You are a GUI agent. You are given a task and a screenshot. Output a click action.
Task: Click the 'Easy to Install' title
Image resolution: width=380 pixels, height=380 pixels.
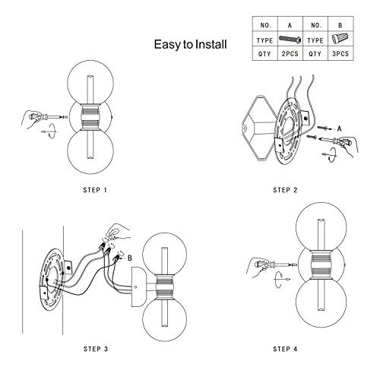tap(190, 44)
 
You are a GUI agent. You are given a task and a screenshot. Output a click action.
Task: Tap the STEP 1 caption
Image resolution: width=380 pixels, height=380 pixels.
tap(95, 190)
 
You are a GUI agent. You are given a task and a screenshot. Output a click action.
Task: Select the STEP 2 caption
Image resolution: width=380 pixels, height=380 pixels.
tap(285, 190)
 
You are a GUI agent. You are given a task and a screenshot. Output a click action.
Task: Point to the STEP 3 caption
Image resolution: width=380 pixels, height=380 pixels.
tap(96, 349)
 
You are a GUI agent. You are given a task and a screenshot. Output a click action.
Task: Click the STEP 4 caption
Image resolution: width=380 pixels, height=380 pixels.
tap(285, 349)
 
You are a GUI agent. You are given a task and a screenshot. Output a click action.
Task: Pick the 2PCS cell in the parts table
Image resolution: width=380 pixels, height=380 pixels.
tap(290, 54)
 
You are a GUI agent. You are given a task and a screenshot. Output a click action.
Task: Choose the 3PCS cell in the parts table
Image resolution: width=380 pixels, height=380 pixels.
tap(340, 54)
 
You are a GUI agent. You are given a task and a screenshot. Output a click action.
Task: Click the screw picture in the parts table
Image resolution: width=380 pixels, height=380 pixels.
tap(290, 40)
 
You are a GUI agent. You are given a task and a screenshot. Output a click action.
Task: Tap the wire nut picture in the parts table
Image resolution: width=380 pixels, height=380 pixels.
tap(340, 39)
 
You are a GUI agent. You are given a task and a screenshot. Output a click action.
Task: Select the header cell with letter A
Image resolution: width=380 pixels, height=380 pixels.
tap(290, 25)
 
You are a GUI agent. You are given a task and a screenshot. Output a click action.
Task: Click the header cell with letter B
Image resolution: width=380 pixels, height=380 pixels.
tap(340, 25)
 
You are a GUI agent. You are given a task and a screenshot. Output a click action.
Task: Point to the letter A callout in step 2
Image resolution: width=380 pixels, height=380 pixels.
tap(340, 128)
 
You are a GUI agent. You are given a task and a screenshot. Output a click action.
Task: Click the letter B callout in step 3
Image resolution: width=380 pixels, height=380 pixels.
tap(130, 258)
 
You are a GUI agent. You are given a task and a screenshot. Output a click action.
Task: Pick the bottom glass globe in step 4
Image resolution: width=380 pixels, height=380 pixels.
tap(321, 302)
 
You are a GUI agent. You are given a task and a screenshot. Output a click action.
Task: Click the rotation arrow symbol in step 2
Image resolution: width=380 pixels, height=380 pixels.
tap(330, 154)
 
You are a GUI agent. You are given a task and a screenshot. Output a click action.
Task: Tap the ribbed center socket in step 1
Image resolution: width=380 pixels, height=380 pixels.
tap(90, 117)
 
